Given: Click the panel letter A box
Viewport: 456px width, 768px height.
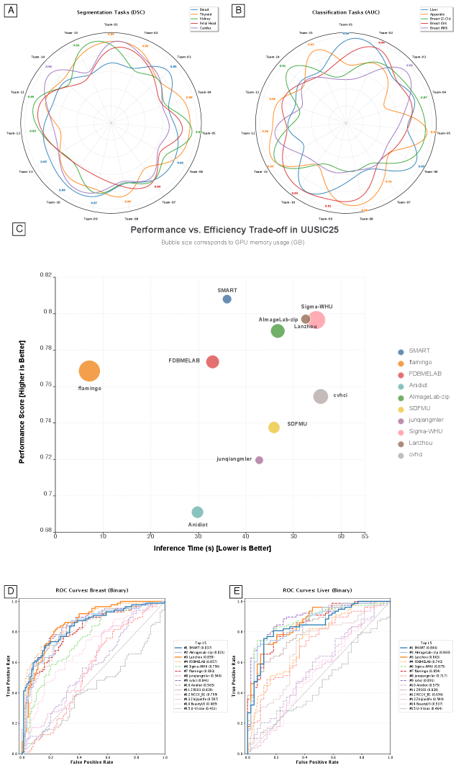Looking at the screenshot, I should (x=10, y=11).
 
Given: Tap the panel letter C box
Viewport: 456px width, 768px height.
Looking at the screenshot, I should (x=19, y=229).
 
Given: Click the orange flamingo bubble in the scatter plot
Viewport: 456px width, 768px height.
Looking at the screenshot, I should (x=89, y=371).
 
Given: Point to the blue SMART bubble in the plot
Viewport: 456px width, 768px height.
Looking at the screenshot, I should (x=227, y=299).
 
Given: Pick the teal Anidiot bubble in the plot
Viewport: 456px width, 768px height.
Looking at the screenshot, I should (x=198, y=512).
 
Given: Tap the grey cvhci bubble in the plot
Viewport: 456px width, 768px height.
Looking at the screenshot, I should (x=321, y=396).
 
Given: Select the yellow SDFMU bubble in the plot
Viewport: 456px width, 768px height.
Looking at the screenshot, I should (x=274, y=427).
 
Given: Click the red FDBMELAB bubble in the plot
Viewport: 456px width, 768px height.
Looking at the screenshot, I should (x=213, y=361).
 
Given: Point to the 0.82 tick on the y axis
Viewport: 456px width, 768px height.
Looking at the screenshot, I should (x=47, y=276).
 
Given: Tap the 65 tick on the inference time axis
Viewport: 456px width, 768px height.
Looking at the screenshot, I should (x=365, y=536).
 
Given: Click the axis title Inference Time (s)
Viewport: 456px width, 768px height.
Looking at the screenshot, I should (x=212, y=548).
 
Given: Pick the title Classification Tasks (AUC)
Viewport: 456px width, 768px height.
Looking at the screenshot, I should (x=346, y=13).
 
